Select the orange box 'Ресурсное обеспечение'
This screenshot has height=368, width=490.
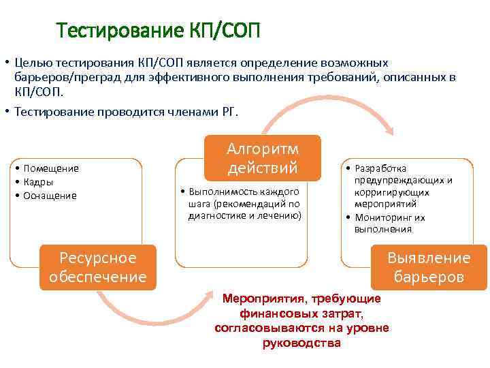97,267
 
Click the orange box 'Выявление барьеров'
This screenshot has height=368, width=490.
429,267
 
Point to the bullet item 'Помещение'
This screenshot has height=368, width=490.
51,168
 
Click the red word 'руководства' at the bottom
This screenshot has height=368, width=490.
301,342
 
